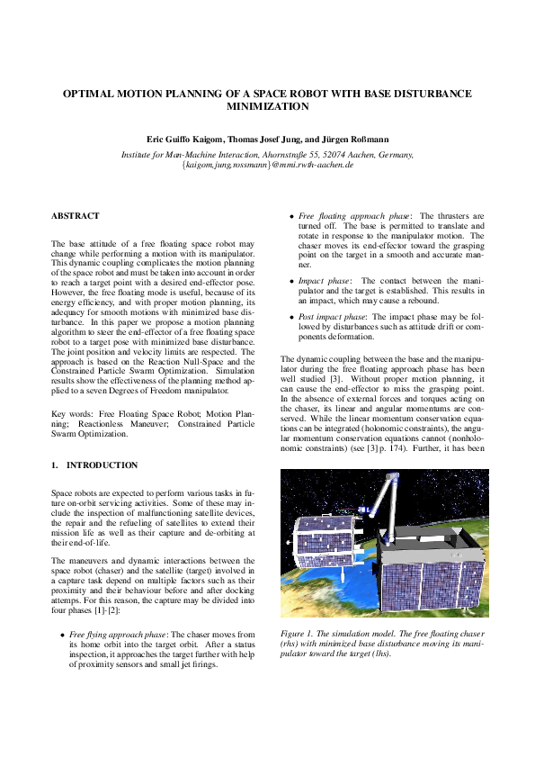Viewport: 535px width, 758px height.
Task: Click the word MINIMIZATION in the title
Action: pos(267,105)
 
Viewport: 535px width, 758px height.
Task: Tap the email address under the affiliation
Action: pos(267,166)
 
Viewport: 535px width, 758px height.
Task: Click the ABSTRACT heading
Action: pos(76,216)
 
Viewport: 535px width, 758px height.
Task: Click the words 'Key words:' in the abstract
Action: pos(71,413)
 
